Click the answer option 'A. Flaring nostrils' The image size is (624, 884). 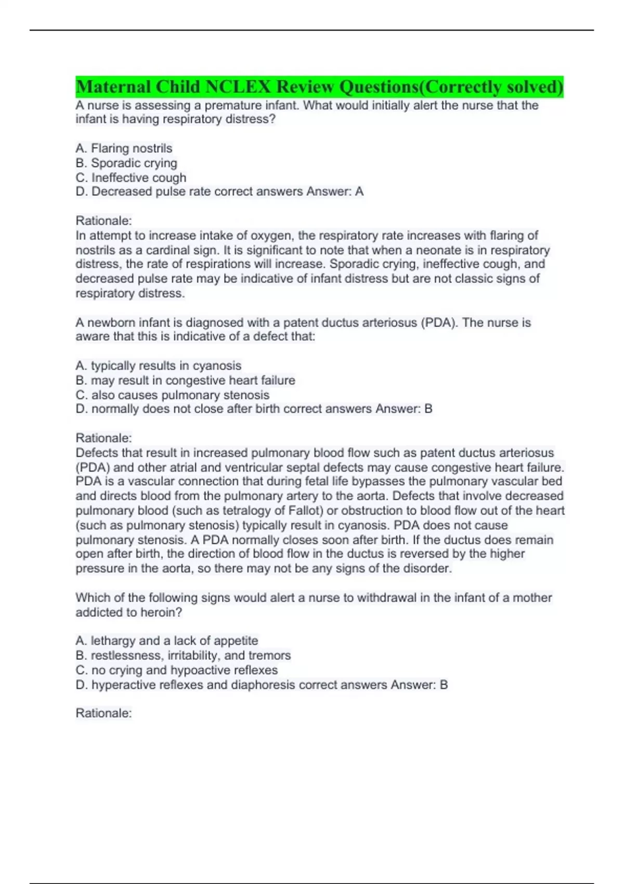point(124,148)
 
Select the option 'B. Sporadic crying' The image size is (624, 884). point(126,163)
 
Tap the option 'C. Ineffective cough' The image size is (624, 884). point(131,177)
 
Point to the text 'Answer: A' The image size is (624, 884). point(335,191)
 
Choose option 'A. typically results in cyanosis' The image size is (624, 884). point(159,366)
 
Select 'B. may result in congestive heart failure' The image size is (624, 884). point(185,380)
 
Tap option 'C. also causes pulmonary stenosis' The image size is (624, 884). point(173,395)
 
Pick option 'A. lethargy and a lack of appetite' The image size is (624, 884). point(167,641)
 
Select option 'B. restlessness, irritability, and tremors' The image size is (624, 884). point(183,655)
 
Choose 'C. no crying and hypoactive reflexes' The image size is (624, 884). point(177,670)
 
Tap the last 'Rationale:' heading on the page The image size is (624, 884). point(104,713)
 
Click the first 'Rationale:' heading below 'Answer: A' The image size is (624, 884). point(104,220)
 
